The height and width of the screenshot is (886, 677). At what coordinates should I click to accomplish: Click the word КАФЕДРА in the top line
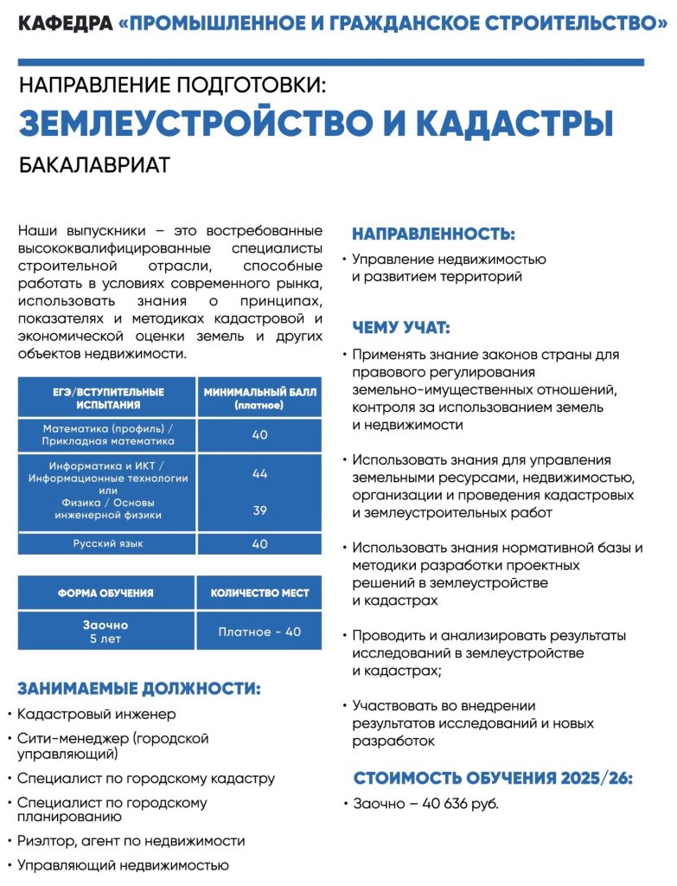(64, 24)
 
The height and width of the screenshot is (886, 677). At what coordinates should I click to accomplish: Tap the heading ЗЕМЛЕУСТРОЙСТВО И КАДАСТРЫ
(316, 124)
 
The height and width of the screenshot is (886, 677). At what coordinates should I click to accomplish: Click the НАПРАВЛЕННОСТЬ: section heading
(433, 234)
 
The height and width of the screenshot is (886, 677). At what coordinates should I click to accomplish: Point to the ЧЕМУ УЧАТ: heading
(401, 328)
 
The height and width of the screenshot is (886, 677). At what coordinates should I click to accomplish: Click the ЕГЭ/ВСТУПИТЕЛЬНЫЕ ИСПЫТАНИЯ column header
(107, 398)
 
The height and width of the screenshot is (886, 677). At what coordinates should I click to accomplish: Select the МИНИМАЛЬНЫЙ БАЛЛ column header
(260, 398)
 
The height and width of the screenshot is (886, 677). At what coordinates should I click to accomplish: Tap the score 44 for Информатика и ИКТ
(260, 473)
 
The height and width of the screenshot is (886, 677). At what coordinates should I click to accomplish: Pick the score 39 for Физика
(260, 510)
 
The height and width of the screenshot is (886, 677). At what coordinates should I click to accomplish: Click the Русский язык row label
(107, 543)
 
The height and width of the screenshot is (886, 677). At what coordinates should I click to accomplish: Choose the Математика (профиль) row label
(107, 434)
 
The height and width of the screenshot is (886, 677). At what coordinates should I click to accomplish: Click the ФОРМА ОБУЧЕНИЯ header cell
(105, 594)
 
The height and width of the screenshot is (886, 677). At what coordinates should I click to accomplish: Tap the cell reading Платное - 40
(260, 632)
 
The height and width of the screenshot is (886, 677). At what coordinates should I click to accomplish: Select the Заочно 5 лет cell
(105, 632)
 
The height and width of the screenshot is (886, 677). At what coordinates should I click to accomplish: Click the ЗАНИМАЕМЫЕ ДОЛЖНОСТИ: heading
(139, 689)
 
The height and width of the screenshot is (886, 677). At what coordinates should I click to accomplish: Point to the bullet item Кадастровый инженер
(96, 715)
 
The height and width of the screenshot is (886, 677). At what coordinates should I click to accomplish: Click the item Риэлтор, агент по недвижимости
(131, 841)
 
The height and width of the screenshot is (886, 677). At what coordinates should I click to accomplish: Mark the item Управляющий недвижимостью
(123, 864)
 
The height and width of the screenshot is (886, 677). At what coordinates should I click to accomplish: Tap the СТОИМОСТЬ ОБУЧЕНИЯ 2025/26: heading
(493, 778)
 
